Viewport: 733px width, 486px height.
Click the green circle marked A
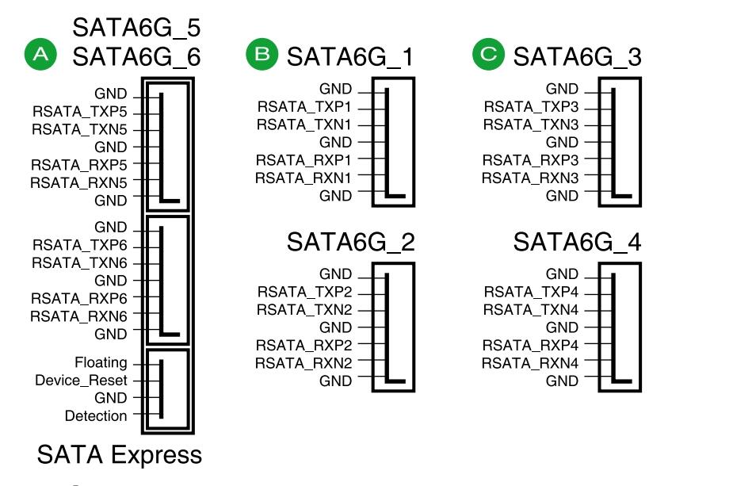(40, 54)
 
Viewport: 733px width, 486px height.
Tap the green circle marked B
(262, 54)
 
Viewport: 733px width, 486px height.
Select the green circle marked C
(488, 54)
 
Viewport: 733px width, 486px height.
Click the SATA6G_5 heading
(136, 28)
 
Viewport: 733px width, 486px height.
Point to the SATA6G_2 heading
(350, 243)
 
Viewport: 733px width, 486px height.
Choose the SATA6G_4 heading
(578, 243)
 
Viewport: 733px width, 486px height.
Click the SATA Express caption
(119, 455)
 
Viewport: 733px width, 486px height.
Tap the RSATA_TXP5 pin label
(80, 112)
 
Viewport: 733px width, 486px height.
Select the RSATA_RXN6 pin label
(78, 316)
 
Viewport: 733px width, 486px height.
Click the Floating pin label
(101, 362)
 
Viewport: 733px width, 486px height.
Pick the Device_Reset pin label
(81, 381)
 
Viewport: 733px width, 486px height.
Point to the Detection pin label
(96, 416)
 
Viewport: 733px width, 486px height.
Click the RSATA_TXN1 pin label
(304, 125)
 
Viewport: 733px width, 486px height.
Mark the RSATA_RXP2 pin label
(304, 345)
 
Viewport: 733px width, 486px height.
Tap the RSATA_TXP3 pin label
(531, 107)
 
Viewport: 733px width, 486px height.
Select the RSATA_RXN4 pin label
(530, 363)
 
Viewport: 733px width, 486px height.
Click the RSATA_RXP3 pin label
(531, 160)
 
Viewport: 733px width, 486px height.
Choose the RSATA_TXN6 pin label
(79, 263)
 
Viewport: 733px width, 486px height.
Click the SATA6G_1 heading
(350, 57)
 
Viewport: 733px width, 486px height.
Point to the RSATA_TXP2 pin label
(305, 293)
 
